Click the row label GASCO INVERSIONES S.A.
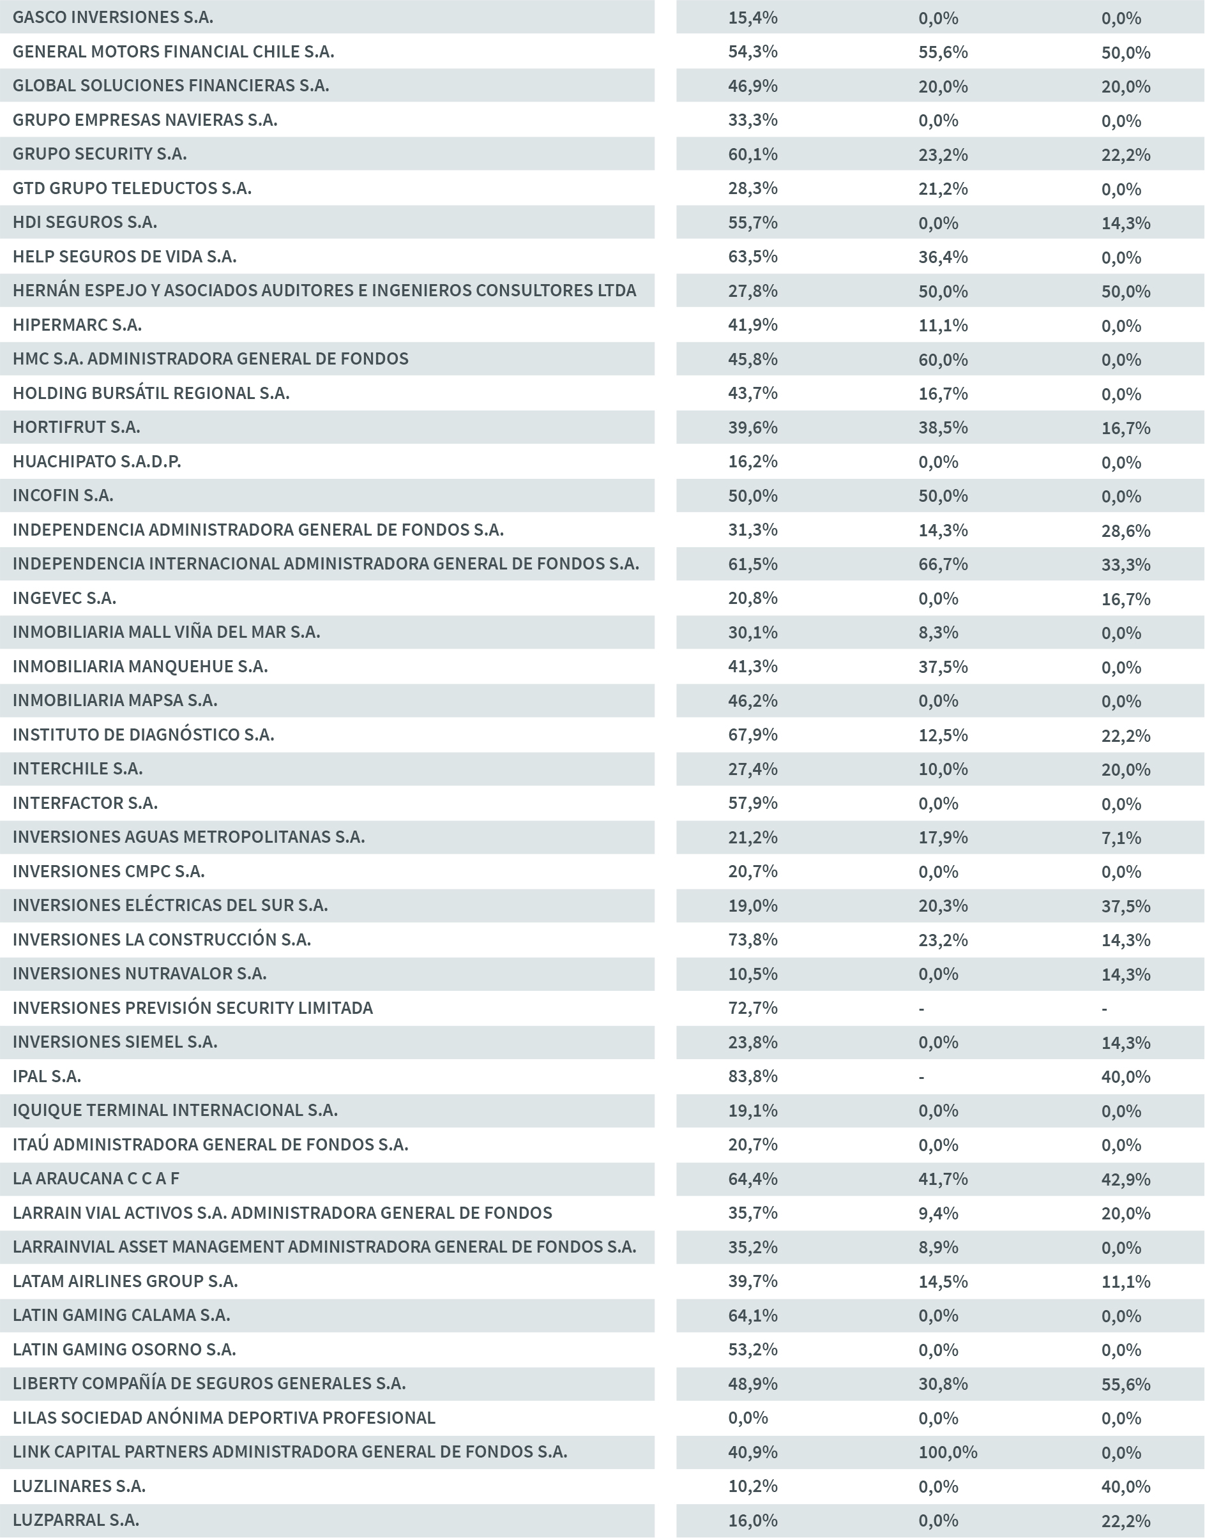[113, 17]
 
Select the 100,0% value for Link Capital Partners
[948, 1452]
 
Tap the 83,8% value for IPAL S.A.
[753, 1076]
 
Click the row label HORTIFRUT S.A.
[76, 426]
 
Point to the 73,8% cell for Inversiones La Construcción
[753, 939]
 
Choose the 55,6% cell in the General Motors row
[943, 52]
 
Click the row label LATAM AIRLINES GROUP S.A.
[125, 1281]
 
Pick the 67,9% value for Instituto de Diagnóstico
[753, 734]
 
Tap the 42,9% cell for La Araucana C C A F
[1125, 1179]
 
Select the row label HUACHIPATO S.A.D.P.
[96, 461]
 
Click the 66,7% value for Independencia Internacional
[943, 564]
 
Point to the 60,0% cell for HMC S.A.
[943, 359]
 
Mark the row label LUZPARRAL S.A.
[75, 1519]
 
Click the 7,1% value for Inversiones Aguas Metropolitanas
[1120, 837]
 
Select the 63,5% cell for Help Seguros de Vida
[753, 256]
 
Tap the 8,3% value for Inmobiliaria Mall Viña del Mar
[937, 632]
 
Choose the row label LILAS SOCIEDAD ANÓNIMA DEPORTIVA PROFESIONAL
[224, 1417]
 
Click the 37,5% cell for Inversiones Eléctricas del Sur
[1125, 905]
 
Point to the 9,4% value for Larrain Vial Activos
[937, 1212]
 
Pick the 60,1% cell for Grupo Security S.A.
[753, 154]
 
